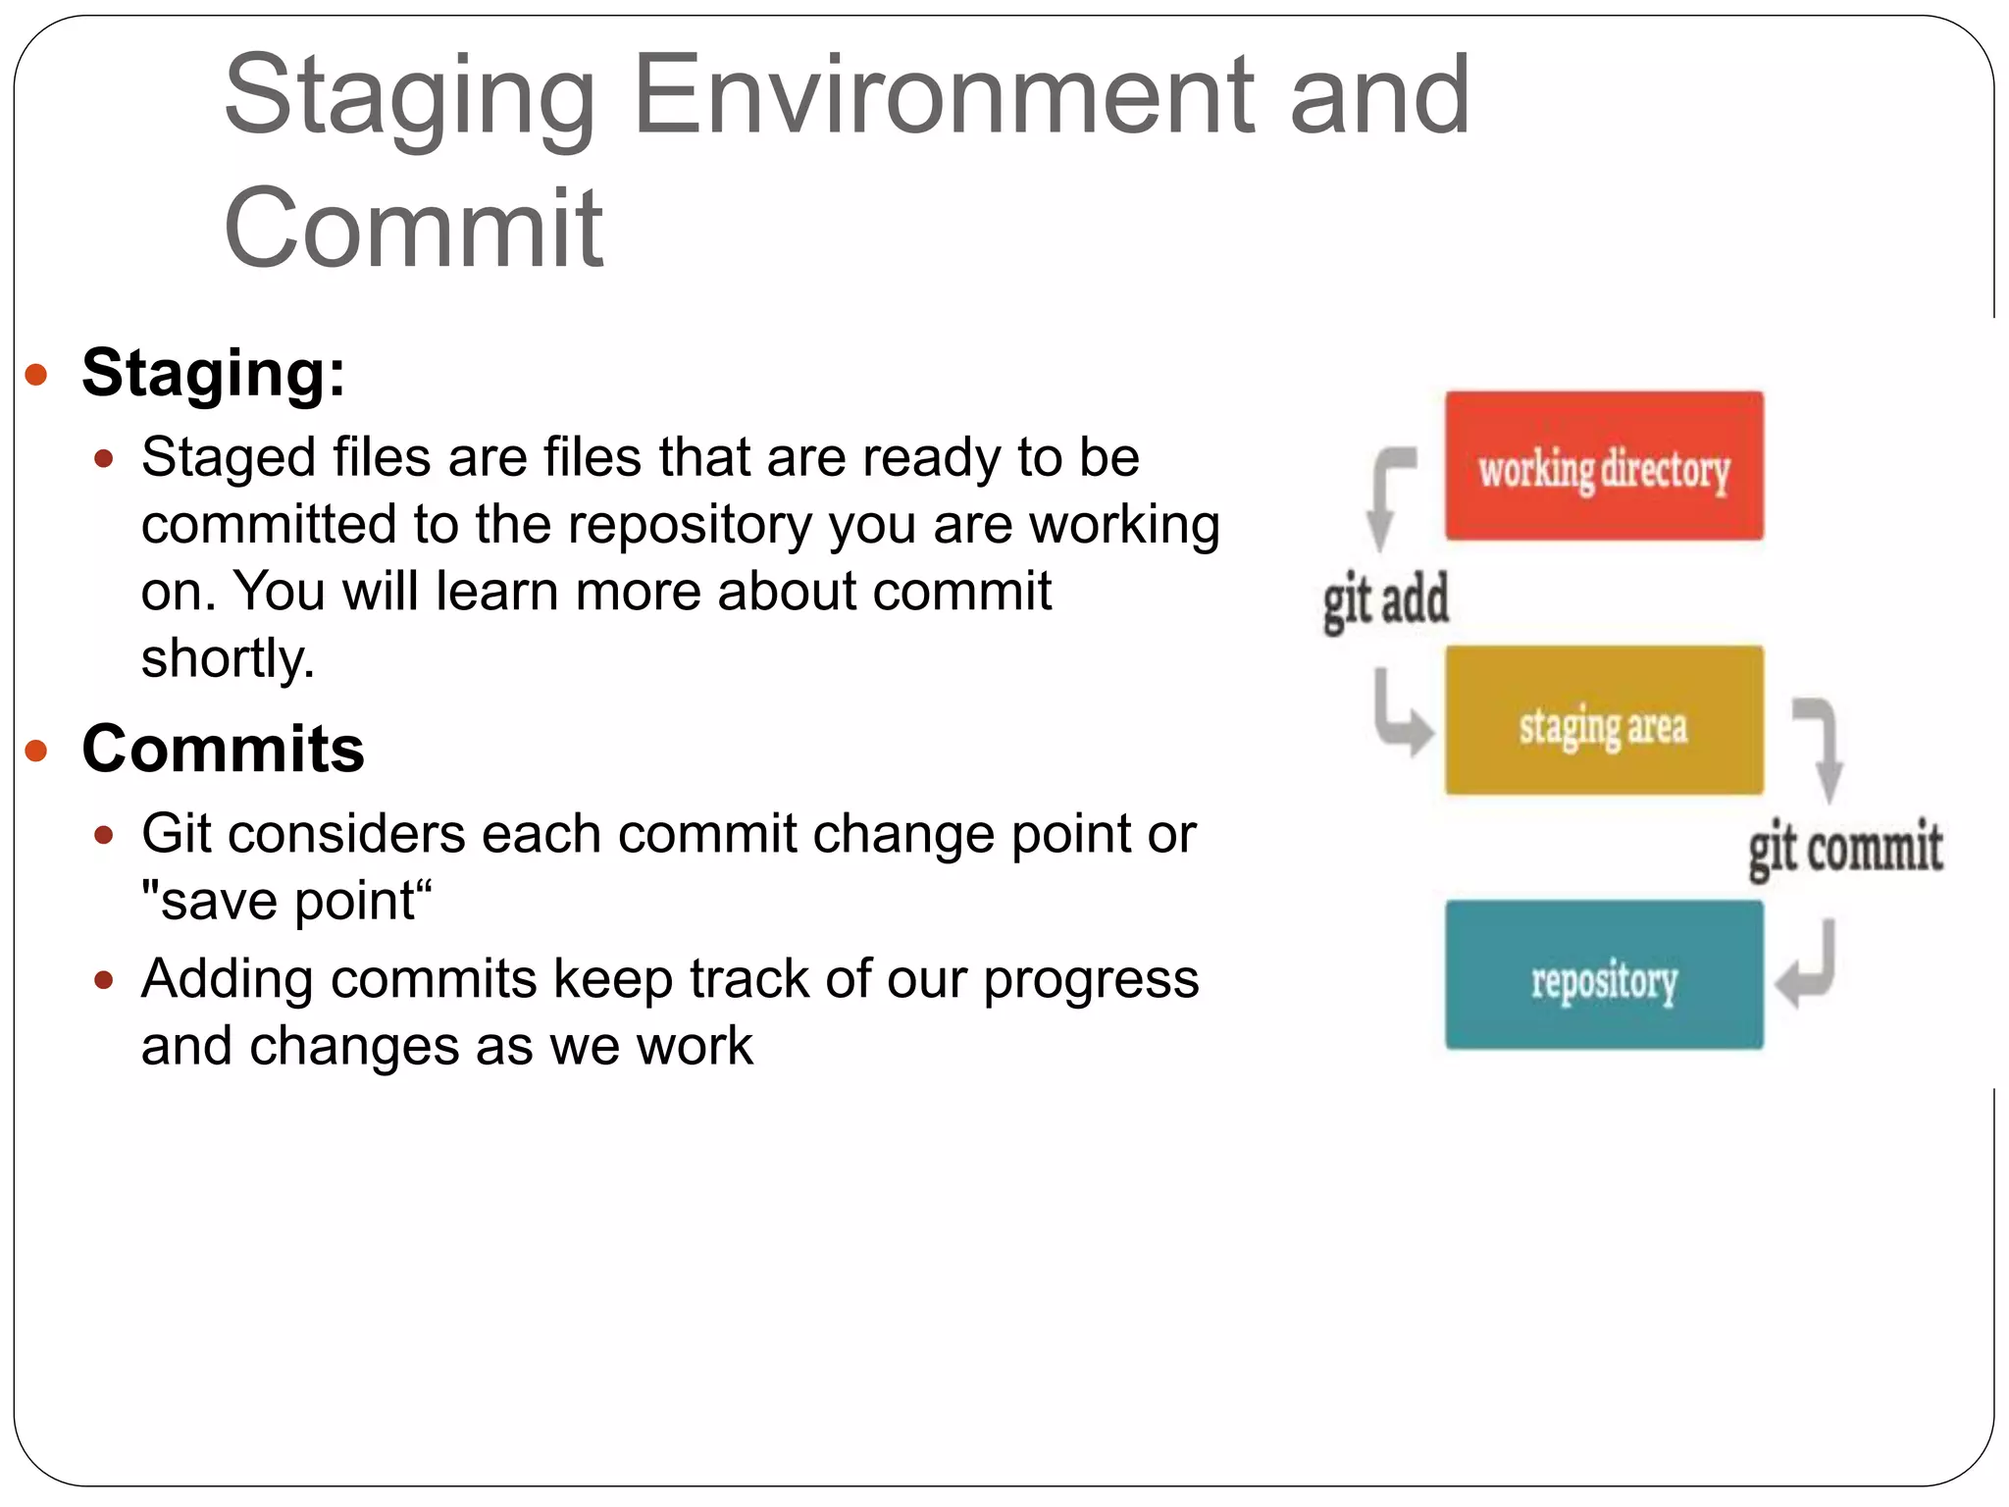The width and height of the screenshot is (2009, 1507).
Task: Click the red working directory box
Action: click(x=1604, y=466)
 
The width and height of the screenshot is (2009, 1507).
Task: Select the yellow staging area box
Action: click(x=1604, y=720)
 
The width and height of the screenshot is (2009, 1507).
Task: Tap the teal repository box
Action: click(x=1604, y=975)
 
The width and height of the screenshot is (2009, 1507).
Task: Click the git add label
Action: click(x=1385, y=600)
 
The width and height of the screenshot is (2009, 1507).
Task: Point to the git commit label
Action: click(x=1845, y=848)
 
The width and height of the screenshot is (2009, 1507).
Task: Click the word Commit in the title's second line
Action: click(x=413, y=228)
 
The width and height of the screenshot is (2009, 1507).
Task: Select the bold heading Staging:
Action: click(x=214, y=374)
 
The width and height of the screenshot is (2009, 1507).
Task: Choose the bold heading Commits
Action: click(x=224, y=750)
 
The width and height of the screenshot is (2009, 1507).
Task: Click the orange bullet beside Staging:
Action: click(x=36, y=374)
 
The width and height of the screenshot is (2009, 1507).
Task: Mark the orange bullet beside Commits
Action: click(x=36, y=752)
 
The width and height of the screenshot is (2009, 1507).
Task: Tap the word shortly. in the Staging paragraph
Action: click(x=228, y=658)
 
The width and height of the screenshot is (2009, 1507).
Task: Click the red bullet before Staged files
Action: click(x=104, y=458)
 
